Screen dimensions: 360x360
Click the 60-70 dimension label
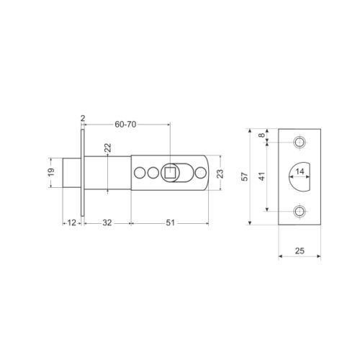(x=125, y=125)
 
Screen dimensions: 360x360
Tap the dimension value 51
(x=171, y=222)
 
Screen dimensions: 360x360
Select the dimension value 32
(x=107, y=222)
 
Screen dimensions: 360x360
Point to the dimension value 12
(x=71, y=222)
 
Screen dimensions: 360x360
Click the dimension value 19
(x=51, y=172)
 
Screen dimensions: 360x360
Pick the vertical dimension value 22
(x=108, y=148)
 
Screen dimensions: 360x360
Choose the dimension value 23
(x=220, y=174)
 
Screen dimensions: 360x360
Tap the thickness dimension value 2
(x=83, y=118)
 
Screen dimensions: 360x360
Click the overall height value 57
(x=244, y=176)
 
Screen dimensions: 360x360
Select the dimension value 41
(x=262, y=176)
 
